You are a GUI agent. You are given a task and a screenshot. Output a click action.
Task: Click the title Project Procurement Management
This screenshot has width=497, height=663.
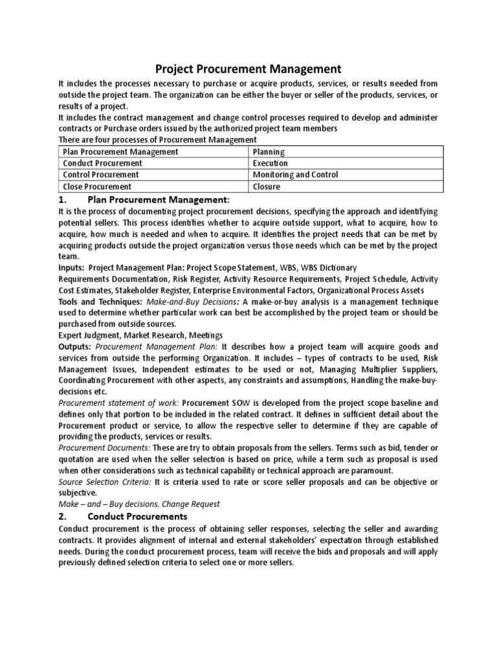[248, 68]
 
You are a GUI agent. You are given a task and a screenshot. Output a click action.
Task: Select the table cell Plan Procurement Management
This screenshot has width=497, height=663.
[120, 152]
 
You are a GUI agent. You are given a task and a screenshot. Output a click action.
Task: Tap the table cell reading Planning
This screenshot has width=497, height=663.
[269, 152]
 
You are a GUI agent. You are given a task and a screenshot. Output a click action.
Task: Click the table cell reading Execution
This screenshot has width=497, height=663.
[271, 163]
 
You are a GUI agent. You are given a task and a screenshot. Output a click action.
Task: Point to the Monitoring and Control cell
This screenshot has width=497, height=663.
[295, 175]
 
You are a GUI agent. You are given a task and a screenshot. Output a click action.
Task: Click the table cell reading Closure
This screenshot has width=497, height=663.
[267, 186]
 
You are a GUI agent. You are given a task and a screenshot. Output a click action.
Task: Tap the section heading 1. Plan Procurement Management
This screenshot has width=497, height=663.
[144, 199]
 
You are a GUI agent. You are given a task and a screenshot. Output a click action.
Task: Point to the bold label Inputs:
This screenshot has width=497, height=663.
[72, 267]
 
